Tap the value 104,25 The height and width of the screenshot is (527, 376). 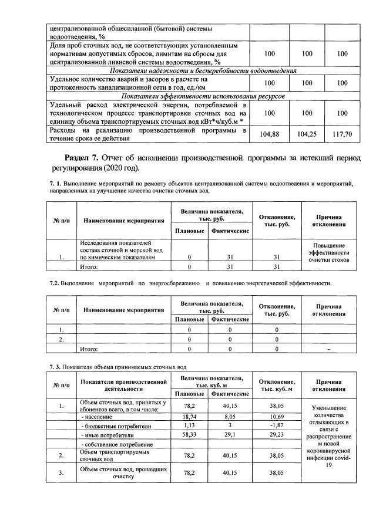point(307,134)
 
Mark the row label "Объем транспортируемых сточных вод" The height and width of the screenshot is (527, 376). point(115,455)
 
